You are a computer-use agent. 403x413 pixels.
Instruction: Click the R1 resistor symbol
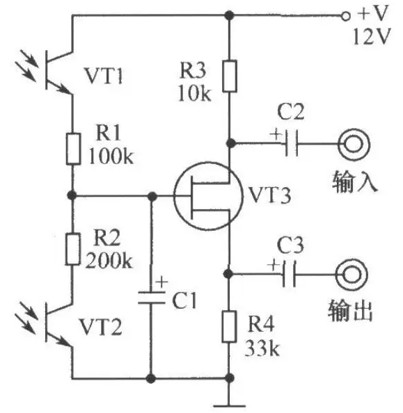point(73,149)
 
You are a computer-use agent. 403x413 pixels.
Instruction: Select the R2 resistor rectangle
point(72,249)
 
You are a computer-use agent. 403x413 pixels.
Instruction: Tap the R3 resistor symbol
point(230,76)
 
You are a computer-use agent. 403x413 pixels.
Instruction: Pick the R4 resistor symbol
point(229,326)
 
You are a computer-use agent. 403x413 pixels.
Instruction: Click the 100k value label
point(111,156)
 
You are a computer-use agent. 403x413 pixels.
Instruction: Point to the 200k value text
point(109,260)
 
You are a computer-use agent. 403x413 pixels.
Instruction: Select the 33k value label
point(262,348)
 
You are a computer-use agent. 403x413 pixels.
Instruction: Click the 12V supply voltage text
point(372,36)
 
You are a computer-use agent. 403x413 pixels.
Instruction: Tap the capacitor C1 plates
point(152,298)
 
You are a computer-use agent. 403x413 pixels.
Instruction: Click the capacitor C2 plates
point(292,143)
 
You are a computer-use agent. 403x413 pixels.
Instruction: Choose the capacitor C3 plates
point(289,274)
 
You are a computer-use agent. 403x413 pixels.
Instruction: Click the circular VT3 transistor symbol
point(208,196)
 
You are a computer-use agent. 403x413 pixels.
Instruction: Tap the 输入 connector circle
point(354,145)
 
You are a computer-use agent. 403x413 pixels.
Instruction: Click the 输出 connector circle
point(351,275)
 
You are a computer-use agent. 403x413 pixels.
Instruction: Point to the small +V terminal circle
point(345,16)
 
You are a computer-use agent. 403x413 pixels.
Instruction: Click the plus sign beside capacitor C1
point(161,282)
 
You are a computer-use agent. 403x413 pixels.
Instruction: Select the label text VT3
point(270,195)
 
